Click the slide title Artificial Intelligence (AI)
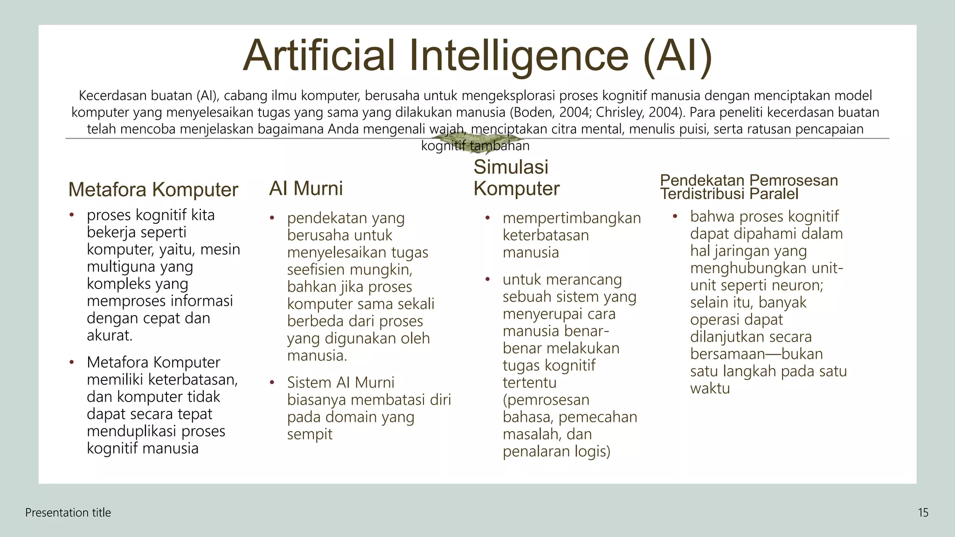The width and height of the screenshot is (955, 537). point(477,55)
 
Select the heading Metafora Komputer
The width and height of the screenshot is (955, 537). point(153,190)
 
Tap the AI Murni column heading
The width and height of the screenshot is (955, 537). point(306,188)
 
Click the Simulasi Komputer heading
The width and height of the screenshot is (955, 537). point(516,178)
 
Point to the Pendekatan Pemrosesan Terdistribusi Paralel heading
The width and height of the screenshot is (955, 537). point(748,187)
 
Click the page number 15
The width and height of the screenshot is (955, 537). point(923,513)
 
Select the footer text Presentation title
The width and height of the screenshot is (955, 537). point(68,513)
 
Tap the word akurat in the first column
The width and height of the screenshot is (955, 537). point(109,335)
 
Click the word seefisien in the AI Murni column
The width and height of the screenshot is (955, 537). point(317,269)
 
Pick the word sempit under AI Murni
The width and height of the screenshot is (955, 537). point(310,434)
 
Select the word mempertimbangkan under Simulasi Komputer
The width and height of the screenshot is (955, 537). point(572,218)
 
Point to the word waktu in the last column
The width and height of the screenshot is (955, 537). point(710,388)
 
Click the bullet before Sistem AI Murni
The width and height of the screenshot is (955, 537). point(272,383)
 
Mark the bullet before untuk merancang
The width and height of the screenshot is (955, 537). point(487,280)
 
